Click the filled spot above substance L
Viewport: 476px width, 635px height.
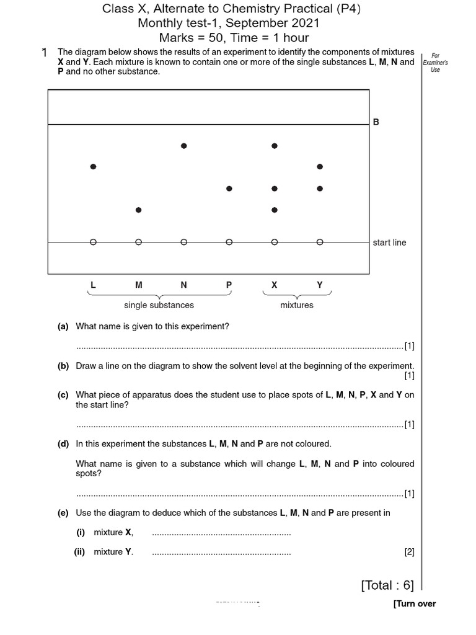click(x=93, y=167)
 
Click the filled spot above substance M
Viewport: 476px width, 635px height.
click(x=138, y=210)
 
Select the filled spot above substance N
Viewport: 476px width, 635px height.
click(x=183, y=146)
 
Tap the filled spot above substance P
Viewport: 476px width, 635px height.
click(x=229, y=189)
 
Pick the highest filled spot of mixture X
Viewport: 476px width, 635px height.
click(x=275, y=146)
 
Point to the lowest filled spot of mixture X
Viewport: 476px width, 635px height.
click(x=275, y=210)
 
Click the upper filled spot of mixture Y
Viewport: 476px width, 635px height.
click(x=320, y=167)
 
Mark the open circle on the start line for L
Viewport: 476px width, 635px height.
click(x=93, y=242)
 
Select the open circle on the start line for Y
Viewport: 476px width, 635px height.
click(x=320, y=242)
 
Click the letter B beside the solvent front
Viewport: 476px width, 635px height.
click(x=376, y=123)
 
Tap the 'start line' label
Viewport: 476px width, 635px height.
click(x=389, y=242)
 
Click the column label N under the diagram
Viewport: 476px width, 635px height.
click(x=183, y=285)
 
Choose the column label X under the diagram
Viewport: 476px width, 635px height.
click(x=275, y=285)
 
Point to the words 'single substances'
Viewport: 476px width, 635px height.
click(x=159, y=305)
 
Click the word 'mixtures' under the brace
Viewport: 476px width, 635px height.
click(x=297, y=305)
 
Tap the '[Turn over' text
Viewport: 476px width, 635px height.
click(x=414, y=604)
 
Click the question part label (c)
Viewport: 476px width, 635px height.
click(x=63, y=395)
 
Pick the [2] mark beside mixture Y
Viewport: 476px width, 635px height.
click(x=409, y=552)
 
